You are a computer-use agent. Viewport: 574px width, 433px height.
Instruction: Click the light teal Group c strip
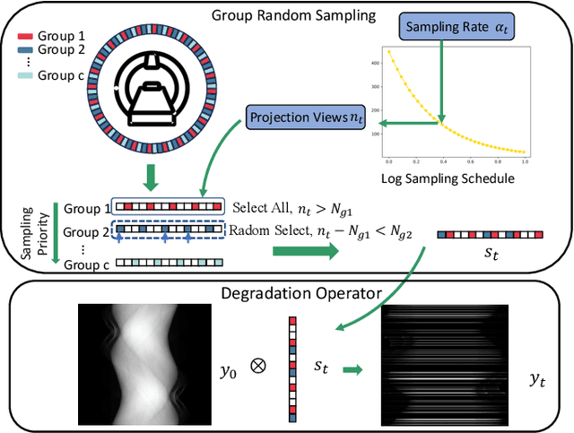pyautogui.click(x=166, y=263)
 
